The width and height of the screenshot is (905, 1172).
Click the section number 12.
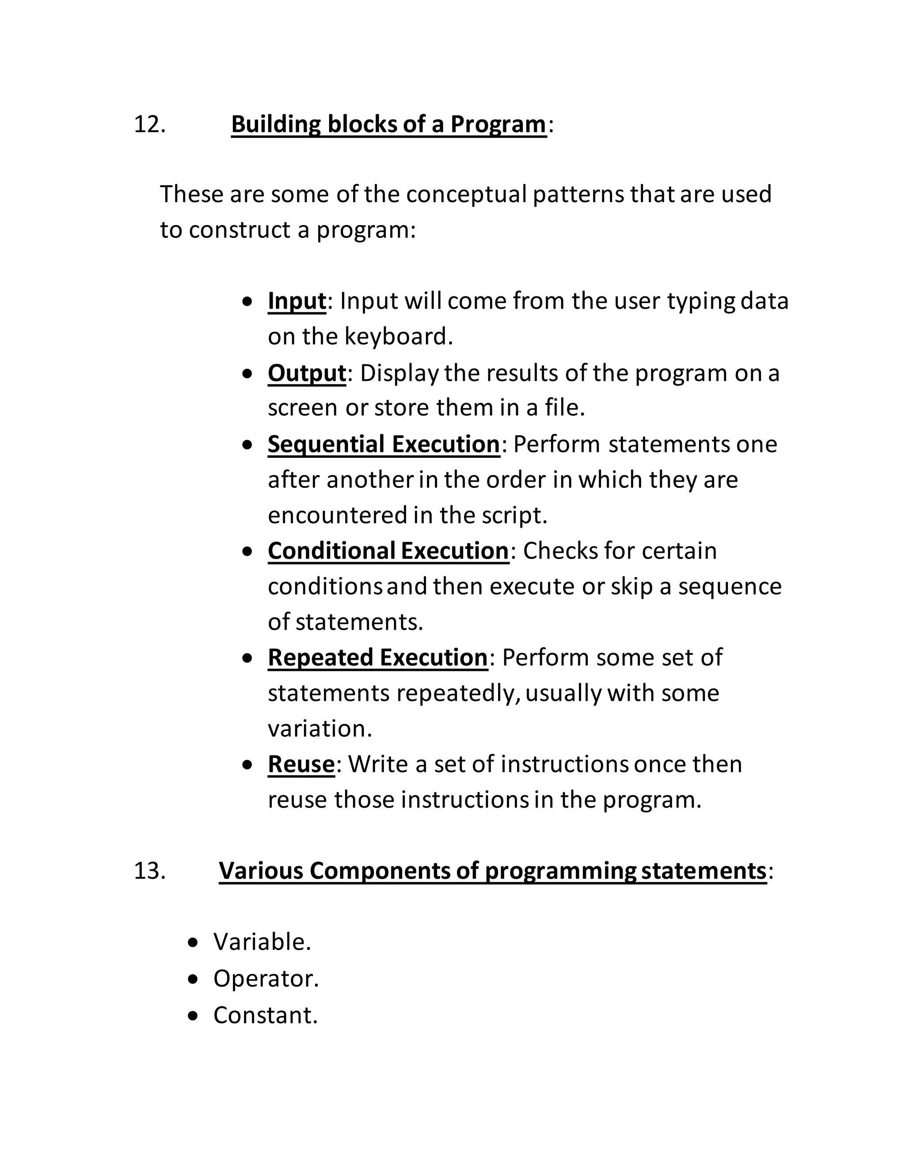pos(149,125)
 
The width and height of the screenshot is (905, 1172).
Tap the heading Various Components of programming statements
pos(492,870)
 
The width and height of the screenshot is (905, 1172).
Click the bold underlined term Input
pos(297,300)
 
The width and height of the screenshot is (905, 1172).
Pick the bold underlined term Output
pos(307,372)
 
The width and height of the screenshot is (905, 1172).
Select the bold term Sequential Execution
pos(383,444)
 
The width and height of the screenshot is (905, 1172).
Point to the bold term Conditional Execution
pos(388,551)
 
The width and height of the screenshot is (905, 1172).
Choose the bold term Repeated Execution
pos(377,657)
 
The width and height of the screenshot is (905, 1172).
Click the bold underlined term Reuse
pos(301,764)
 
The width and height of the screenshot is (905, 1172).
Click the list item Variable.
pos(262,942)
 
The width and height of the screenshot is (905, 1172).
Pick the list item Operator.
pos(266,978)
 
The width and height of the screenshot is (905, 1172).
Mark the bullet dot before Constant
pos(194,1016)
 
